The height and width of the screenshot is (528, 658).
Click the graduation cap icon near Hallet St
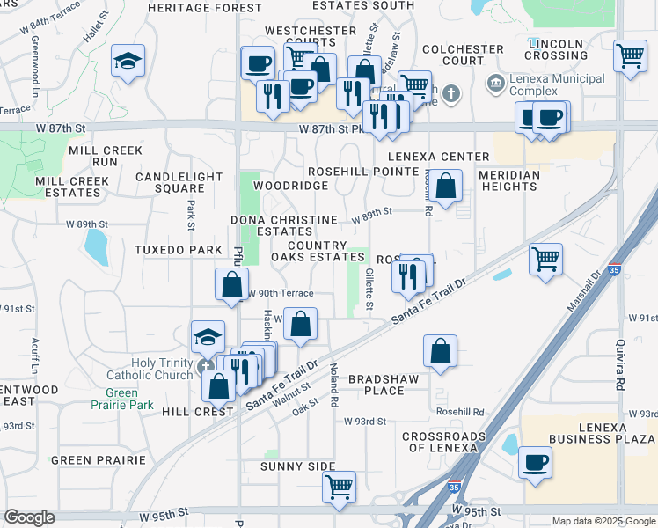click(128, 62)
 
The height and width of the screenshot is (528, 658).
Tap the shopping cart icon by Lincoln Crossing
click(631, 56)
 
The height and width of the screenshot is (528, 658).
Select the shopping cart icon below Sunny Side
click(339, 486)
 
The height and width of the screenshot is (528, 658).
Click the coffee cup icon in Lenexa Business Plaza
click(535, 461)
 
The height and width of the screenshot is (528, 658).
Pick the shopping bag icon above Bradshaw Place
click(440, 349)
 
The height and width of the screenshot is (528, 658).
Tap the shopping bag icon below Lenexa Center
click(446, 186)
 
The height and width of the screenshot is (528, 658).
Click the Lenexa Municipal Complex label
click(557, 85)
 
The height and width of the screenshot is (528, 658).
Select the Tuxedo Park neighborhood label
click(178, 250)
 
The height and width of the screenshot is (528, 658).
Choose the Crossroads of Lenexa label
click(444, 442)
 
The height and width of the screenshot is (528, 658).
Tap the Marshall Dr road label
click(581, 291)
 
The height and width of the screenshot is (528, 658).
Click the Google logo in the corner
click(30, 517)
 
